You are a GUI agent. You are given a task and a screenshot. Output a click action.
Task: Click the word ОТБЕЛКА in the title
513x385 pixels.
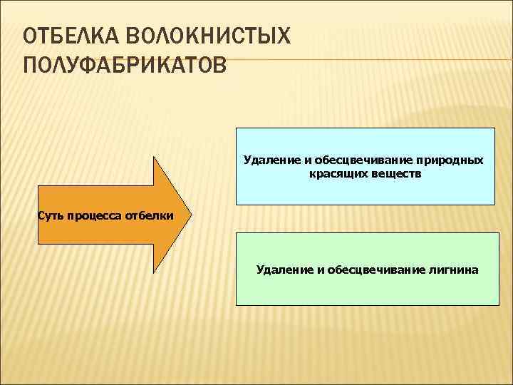(x=63, y=36)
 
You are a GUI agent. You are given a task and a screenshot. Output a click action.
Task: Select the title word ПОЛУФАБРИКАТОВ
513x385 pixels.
(x=125, y=66)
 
